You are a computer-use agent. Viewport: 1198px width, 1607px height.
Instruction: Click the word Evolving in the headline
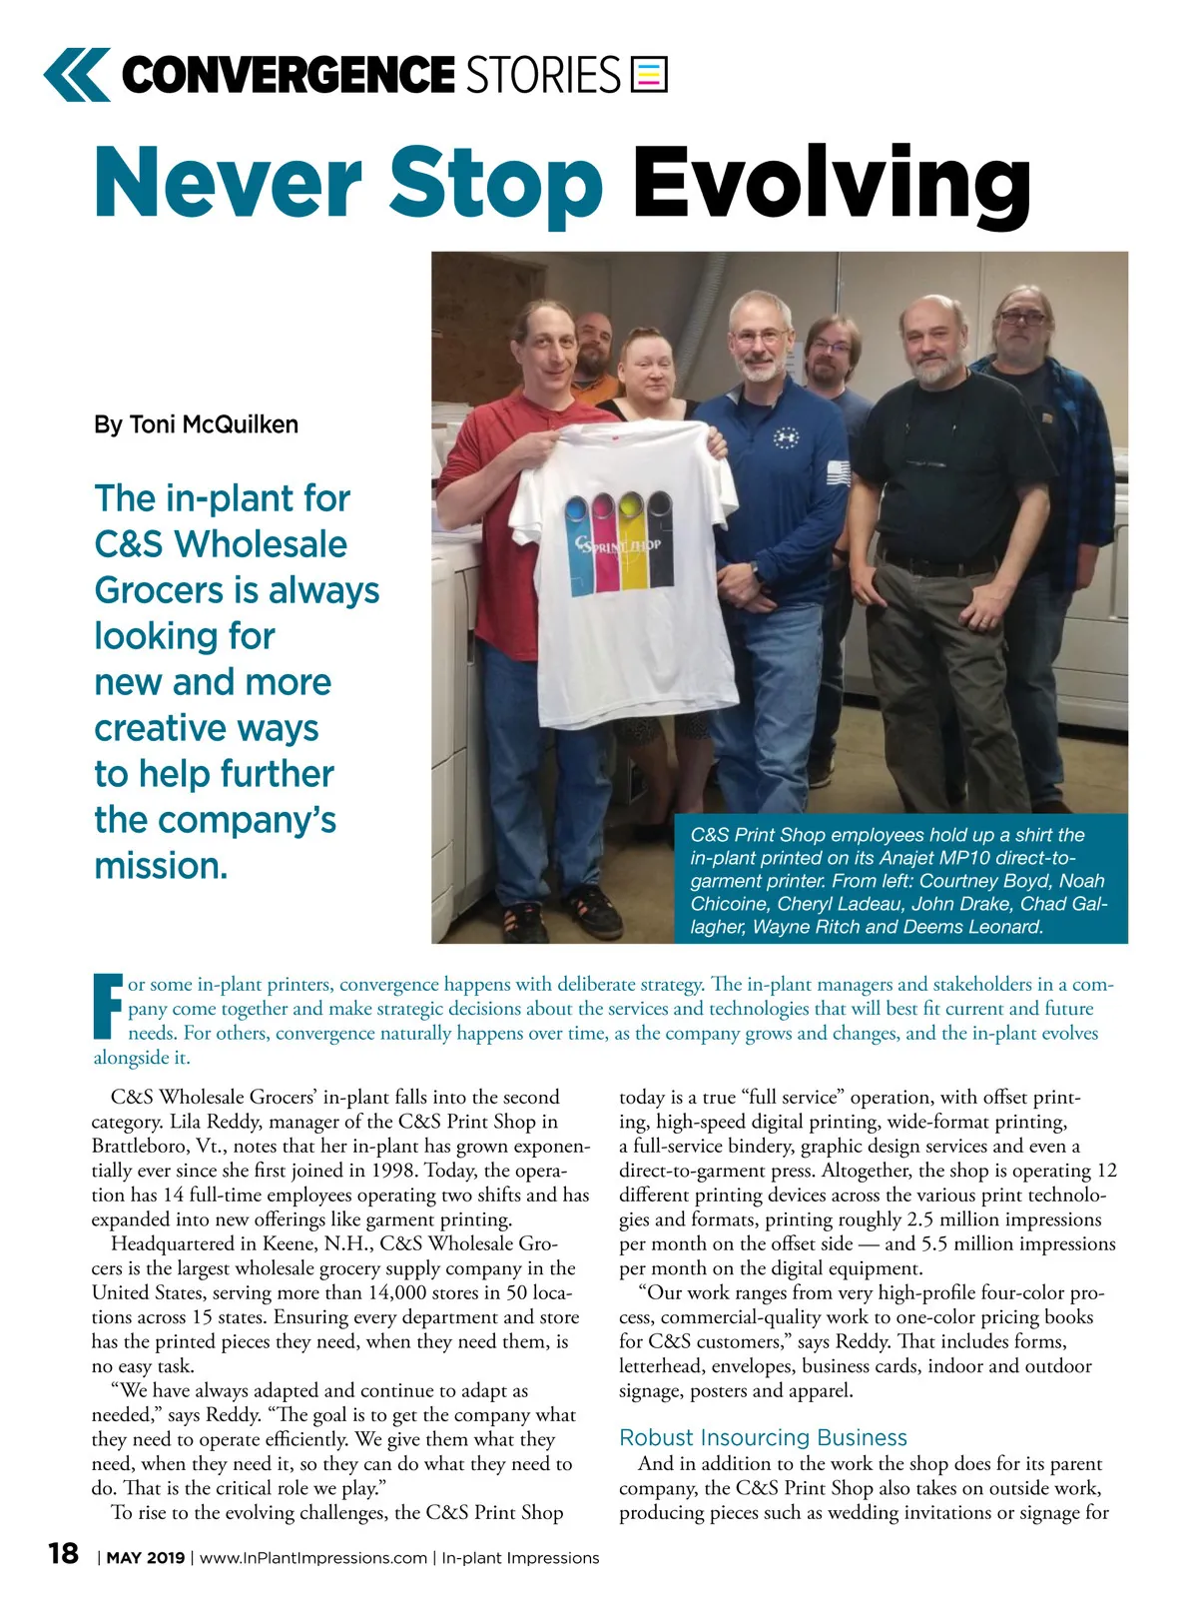(x=831, y=185)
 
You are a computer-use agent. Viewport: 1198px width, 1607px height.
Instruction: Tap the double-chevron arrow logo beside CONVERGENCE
(x=77, y=75)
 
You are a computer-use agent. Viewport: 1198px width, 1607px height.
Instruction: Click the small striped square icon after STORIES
(x=649, y=75)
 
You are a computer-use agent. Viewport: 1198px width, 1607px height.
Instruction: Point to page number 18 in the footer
(x=63, y=1553)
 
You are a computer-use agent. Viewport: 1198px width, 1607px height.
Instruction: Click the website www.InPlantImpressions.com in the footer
(x=312, y=1558)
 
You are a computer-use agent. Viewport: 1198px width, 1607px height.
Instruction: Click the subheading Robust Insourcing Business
(x=763, y=1437)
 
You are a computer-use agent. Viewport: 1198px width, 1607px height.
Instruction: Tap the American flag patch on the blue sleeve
(x=839, y=472)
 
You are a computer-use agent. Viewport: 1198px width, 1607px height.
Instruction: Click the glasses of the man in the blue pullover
(x=759, y=338)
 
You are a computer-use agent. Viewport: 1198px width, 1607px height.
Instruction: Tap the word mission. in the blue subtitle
(x=161, y=866)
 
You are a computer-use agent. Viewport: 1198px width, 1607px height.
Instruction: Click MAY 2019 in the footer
(x=146, y=1558)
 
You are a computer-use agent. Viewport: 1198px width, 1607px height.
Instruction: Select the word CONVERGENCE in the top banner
(x=288, y=75)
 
